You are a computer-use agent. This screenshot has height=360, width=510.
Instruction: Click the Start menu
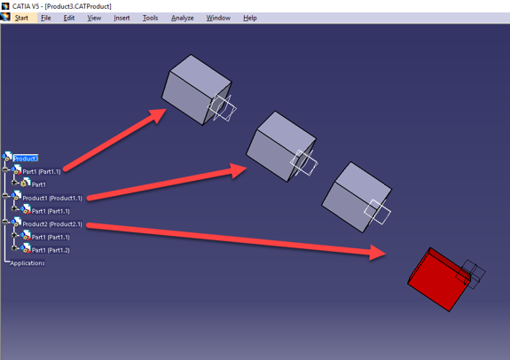[21, 18]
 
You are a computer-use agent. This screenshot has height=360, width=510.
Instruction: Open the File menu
[46, 18]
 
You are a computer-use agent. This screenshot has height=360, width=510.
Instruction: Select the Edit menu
[69, 18]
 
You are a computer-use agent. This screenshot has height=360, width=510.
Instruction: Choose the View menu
[94, 18]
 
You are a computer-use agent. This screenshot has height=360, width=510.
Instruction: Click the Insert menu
[122, 18]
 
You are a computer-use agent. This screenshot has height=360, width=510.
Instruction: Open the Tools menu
[150, 18]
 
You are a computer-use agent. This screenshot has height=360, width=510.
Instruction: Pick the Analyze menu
[182, 18]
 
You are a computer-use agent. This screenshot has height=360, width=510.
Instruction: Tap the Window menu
[218, 18]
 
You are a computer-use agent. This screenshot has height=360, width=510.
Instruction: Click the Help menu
[249, 18]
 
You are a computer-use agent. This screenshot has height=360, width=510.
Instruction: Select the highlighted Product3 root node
[26, 158]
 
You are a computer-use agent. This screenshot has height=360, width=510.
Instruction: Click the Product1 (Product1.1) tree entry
[51, 198]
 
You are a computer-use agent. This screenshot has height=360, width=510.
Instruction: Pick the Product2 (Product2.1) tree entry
[51, 223]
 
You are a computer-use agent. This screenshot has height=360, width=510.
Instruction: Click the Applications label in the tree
[27, 262]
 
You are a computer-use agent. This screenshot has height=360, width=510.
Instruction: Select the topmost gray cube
[193, 88]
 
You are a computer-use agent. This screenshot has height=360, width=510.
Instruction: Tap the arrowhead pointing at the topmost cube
[157, 114]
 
